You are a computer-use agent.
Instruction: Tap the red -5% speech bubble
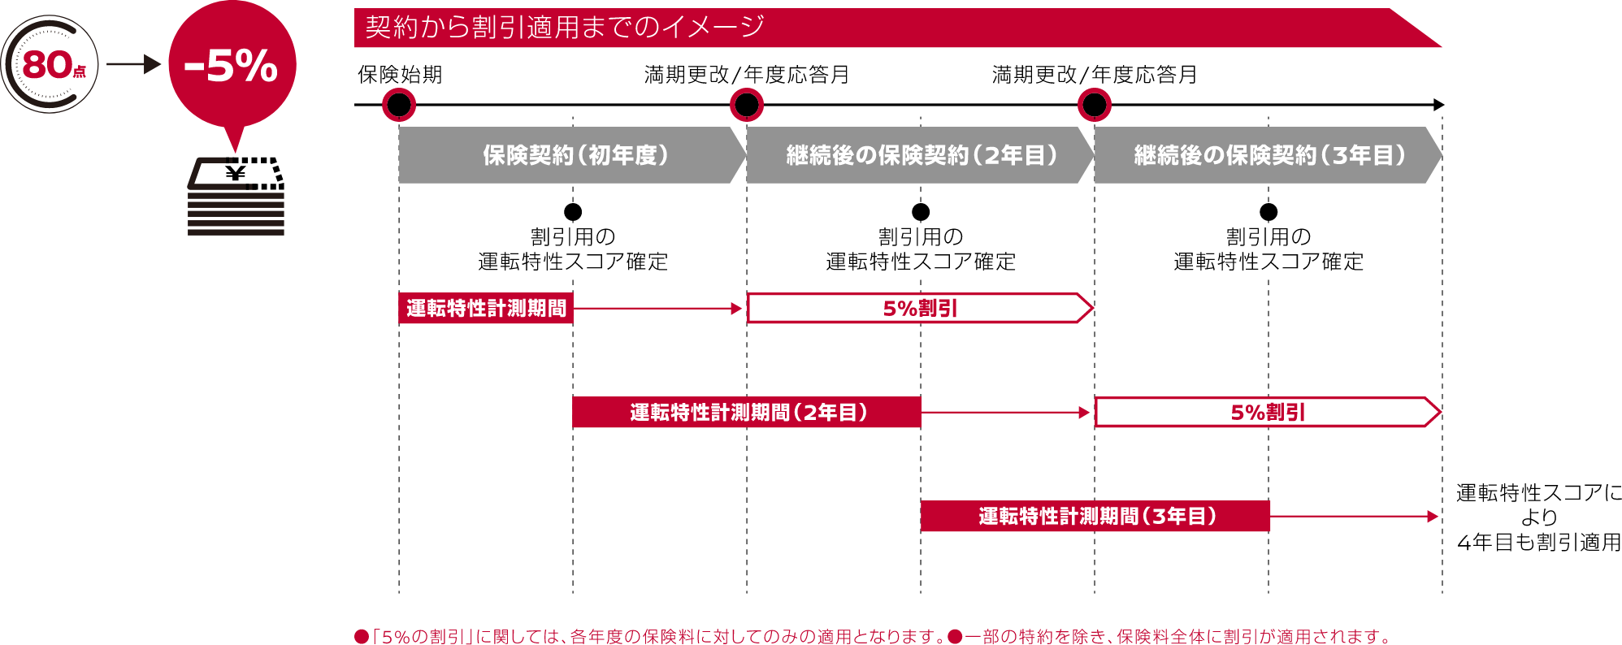(232, 65)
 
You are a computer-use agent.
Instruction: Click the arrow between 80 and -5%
(133, 64)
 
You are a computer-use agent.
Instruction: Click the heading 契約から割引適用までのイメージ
(565, 28)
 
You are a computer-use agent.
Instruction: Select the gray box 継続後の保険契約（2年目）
(921, 155)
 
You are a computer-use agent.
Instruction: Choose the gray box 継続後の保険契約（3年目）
(1269, 155)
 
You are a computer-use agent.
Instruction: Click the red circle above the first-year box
(399, 105)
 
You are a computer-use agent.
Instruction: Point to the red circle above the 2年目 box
(747, 105)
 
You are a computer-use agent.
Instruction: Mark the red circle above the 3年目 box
(1095, 105)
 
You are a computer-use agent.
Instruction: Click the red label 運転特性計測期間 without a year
(486, 309)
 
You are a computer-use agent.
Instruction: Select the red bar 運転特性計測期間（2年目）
(747, 413)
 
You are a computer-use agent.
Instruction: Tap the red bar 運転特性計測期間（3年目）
(1095, 517)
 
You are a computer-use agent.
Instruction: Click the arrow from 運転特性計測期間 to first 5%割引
(658, 309)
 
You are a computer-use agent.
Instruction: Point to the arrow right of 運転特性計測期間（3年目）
(1354, 517)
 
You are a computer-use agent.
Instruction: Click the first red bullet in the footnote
(362, 636)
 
